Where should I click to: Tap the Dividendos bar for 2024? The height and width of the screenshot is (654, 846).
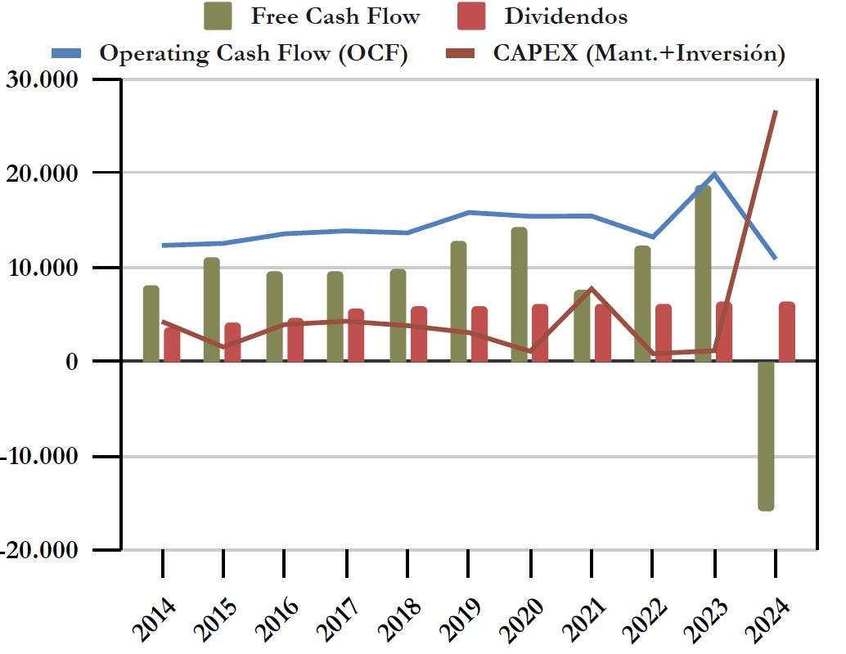786,332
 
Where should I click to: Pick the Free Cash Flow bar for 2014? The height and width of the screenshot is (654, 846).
151,323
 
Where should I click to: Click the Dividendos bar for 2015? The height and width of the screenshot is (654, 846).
232,342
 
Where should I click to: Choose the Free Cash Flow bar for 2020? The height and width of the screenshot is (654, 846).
519,295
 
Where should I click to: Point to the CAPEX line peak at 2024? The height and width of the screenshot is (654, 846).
775,111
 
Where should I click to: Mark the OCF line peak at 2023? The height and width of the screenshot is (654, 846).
714,174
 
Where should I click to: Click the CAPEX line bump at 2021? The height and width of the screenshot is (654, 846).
591,289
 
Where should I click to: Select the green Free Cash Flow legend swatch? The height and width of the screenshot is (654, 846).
218,16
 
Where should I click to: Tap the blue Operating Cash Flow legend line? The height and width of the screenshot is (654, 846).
67,54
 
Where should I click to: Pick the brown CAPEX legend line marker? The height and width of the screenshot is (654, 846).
461,54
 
